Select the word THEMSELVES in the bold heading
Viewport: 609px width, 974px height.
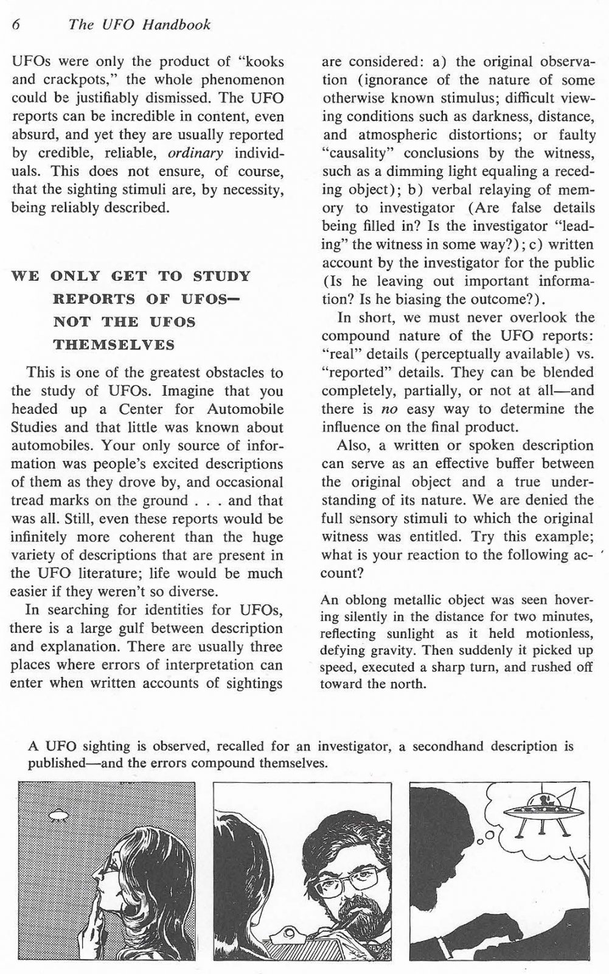pyautogui.click(x=114, y=345)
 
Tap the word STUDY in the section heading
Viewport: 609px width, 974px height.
pyautogui.click(x=221, y=276)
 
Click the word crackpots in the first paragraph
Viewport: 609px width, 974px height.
pyautogui.click(x=71, y=80)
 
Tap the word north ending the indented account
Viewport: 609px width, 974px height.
pyautogui.click(x=408, y=683)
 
